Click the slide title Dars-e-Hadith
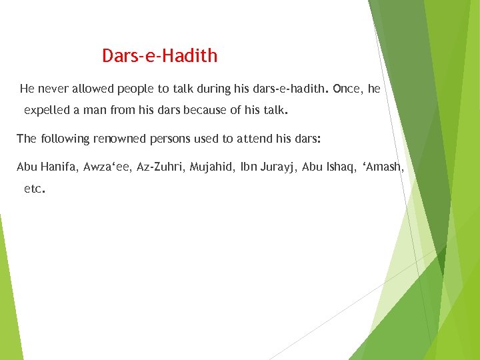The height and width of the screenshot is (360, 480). (x=160, y=56)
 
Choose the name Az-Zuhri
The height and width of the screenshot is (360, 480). (x=160, y=167)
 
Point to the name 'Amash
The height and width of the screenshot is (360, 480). (x=383, y=167)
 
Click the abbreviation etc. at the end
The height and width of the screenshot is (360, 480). (x=34, y=189)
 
